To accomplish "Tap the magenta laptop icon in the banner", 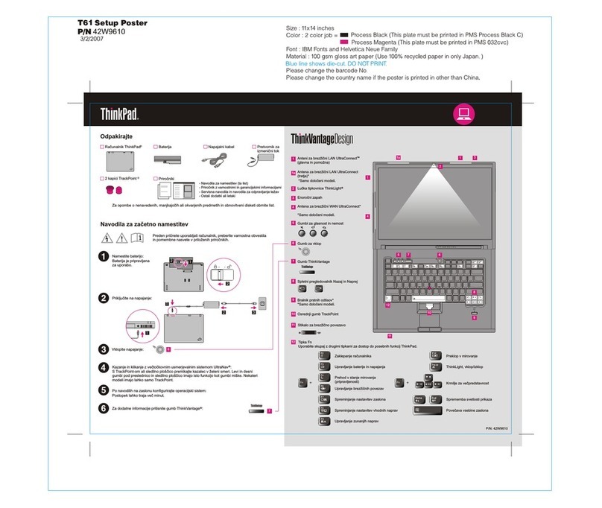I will [x=463, y=114].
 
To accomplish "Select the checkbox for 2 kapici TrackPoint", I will [x=103, y=179].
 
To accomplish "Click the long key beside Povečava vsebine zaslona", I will [x=424, y=410].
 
